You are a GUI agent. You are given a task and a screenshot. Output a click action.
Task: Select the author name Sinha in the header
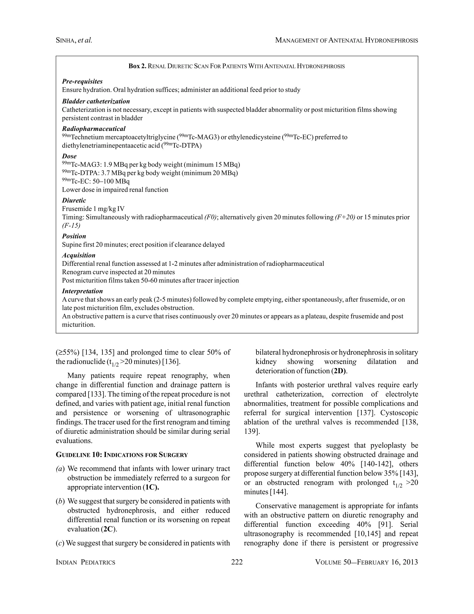[x=65, y=41]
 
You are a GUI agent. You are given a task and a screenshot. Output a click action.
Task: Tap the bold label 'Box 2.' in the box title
[x=137, y=66]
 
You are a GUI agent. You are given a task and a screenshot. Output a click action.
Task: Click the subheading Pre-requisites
[x=82, y=82]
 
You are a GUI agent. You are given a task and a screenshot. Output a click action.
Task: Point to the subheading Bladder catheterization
[x=96, y=101]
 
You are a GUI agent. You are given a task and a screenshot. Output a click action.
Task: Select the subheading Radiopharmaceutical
[x=94, y=129]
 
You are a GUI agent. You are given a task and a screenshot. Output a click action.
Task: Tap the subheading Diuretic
[x=74, y=200]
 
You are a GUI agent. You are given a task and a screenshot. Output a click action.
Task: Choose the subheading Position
[x=74, y=236]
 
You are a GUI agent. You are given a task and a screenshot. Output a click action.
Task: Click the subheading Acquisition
[x=79, y=255]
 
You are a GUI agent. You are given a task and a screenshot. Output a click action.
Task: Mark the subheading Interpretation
[x=82, y=291]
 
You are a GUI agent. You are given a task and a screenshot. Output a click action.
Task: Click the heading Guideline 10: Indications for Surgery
[x=122, y=455]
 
